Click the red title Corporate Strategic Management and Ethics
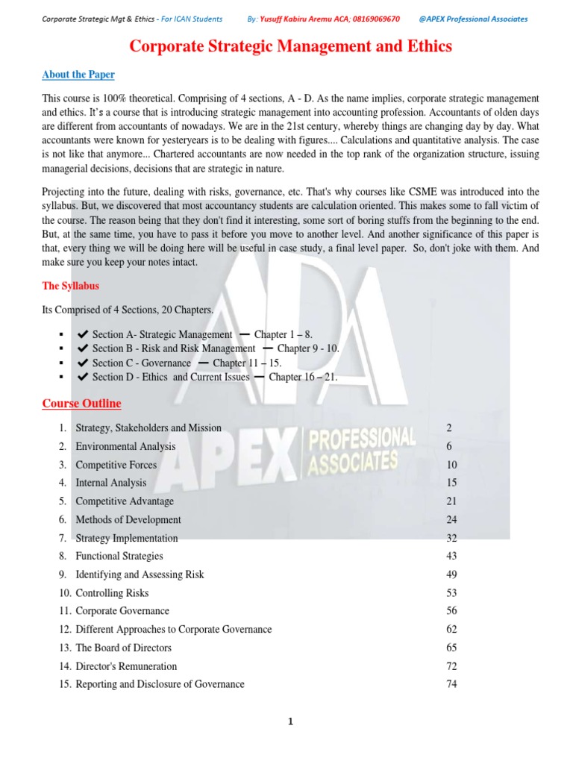(x=291, y=46)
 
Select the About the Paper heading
(x=78, y=75)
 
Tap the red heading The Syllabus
(x=70, y=286)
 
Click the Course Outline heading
(x=81, y=404)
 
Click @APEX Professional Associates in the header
(x=474, y=19)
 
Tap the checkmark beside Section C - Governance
(x=83, y=363)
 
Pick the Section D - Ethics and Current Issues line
(x=170, y=378)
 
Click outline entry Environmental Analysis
(x=125, y=446)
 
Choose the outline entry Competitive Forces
(x=116, y=465)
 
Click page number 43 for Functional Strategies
(x=451, y=556)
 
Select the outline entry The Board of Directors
(x=123, y=648)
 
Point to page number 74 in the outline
(x=451, y=684)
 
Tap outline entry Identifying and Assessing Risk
(x=140, y=574)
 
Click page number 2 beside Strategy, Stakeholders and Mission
(x=448, y=428)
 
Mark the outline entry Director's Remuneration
(x=126, y=666)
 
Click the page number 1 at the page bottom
(x=290, y=722)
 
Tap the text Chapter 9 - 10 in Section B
(x=308, y=349)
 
